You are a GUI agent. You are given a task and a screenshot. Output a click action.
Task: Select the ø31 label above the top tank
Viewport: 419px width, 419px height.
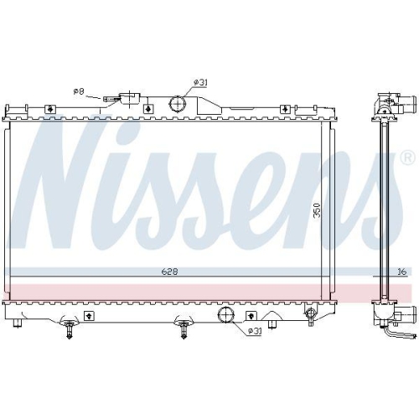pos(200,81)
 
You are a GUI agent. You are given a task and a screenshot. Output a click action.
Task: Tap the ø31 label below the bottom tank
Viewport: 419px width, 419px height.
pos(254,330)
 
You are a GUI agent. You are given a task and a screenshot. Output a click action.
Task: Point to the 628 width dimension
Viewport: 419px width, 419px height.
pos(170,272)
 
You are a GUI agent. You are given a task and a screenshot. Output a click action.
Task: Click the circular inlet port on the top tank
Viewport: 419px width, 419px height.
pos(178,104)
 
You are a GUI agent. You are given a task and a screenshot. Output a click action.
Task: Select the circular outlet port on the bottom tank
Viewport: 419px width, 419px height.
pos(225,315)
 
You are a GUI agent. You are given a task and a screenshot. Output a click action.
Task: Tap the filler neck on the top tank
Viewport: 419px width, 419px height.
pos(130,99)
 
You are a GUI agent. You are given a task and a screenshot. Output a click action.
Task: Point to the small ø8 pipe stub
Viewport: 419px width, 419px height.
pos(109,99)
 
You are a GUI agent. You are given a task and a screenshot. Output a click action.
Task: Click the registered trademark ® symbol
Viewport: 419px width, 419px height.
pos(406,157)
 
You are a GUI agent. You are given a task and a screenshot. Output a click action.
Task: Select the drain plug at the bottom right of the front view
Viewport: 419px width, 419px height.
pos(311,316)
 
